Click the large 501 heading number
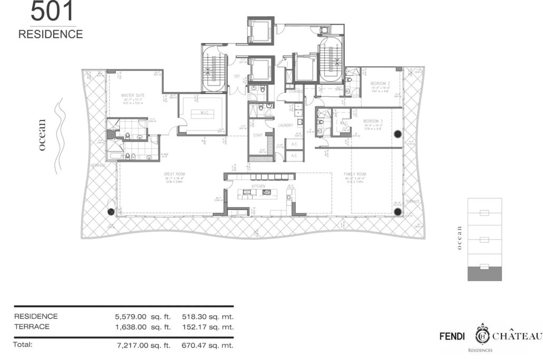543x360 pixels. pyautogui.click(x=52, y=12)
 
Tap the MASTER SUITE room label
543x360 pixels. pyautogui.click(x=132, y=95)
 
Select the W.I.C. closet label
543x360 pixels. pyautogui.click(x=203, y=112)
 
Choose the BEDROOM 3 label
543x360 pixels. pyautogui.click(x=373, y=121)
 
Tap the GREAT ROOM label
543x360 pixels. pyautogui.click(x=174, y=174)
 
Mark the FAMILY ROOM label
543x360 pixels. pyautogui.click(x=355, y=174)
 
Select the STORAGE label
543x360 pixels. pyautogui.click(x=296, y=91)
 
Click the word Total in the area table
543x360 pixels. pyautogui.click(x=23, y=345)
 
